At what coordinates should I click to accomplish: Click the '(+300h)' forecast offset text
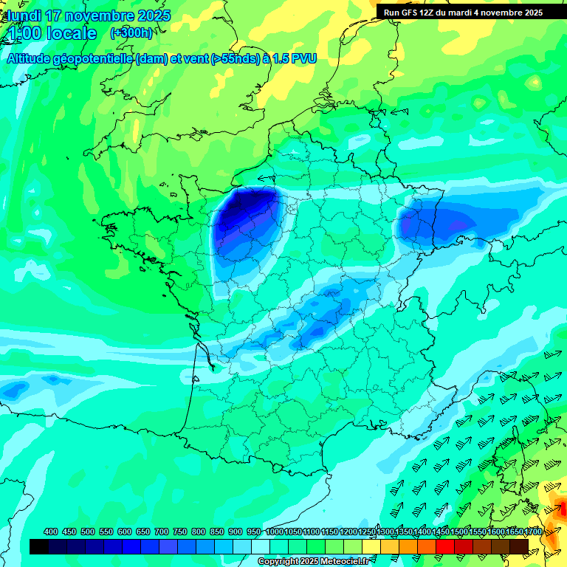131,32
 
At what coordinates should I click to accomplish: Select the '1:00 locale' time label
52,33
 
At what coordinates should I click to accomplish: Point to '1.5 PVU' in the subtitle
293,58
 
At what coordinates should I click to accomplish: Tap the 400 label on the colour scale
51,532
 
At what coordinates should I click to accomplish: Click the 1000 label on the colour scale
275,532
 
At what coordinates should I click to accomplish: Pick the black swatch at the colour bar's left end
39,546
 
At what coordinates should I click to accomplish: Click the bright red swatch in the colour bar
445,546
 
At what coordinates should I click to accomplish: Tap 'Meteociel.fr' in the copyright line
339,562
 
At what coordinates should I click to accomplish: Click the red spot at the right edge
562,508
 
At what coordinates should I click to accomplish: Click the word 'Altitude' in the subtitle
30,58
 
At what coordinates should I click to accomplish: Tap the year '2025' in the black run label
531,13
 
